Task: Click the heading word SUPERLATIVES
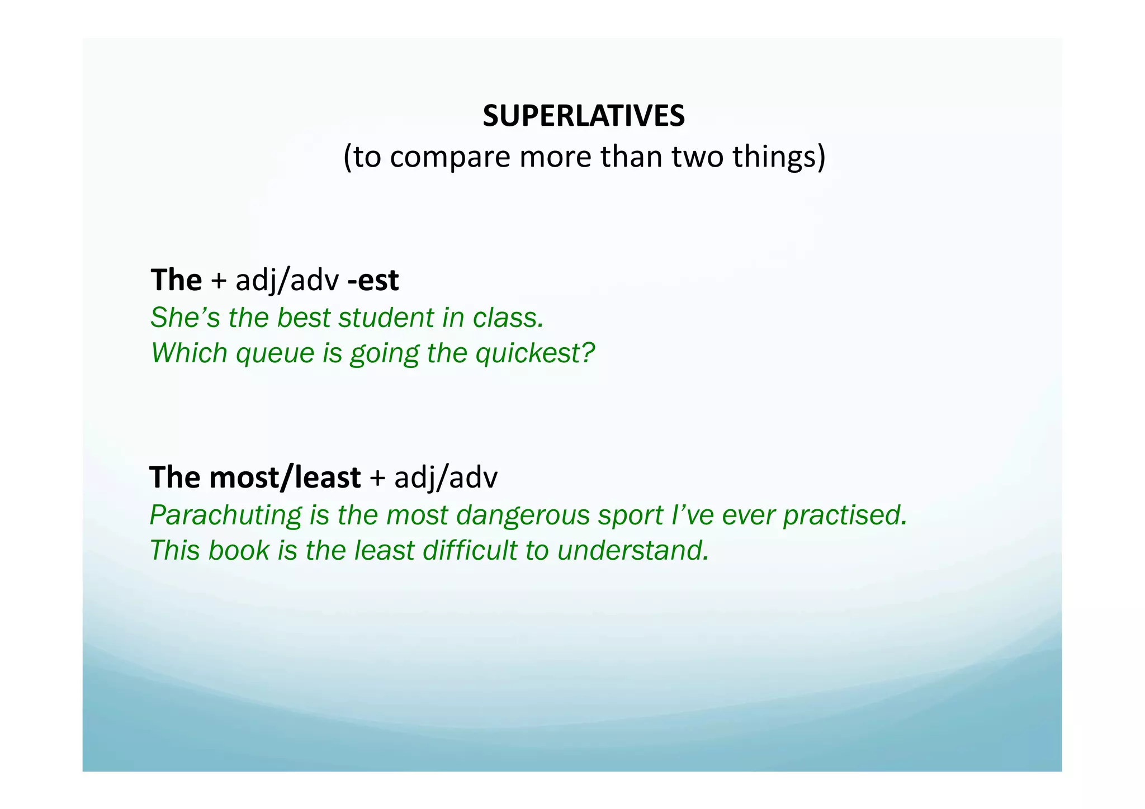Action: point(583,116)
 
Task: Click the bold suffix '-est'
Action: point(373,280)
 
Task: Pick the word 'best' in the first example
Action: point(304,318)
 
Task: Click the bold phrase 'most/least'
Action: point(285,477)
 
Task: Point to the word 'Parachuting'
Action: point(225,515)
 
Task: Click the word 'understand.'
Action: point(633,551)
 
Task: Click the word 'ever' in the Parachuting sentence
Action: point(746,515)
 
